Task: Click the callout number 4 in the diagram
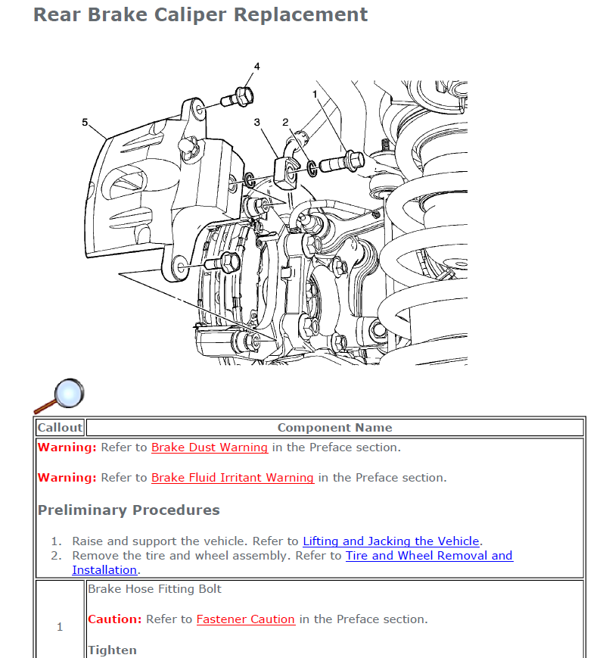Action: coord(256,67)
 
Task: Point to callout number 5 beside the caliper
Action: coord(85,122)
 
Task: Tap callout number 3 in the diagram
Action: coord(256,122)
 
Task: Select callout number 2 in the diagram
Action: coord(285,122)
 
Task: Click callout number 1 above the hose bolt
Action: coord(315,95)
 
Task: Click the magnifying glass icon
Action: coord(59,396)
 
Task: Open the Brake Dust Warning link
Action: coord(210,448)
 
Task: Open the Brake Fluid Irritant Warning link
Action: coord(232,478)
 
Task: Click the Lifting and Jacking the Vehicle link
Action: coord(391,541)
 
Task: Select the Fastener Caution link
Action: coord(246,619)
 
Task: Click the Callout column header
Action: coord(60,428)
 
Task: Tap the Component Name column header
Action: coord(334,428)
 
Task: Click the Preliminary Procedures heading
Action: coord(129,510)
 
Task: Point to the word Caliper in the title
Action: coord(190,15)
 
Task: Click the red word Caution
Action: coord(114,619)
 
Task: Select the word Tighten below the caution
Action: coord(113,650)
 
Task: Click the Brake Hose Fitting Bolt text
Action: coord(154,589)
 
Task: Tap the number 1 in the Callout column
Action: coord(60,627)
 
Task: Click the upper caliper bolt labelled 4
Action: coord(238,98)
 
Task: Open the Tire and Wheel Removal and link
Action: coord(429,556)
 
